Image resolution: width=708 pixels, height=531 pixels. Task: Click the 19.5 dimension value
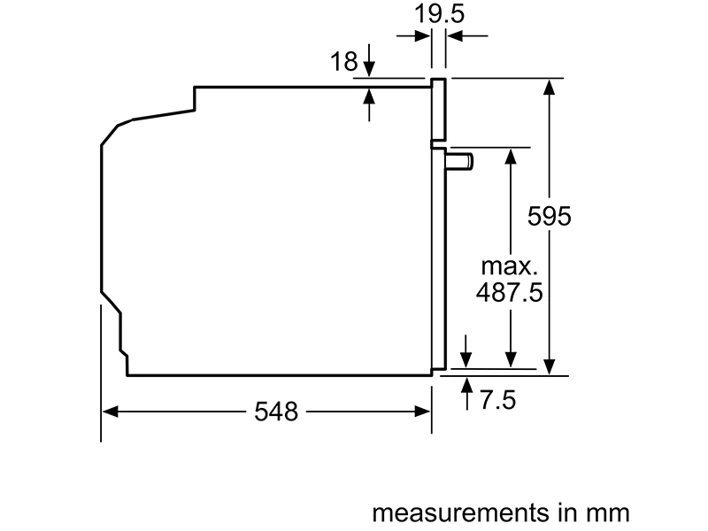(x=439, y=13)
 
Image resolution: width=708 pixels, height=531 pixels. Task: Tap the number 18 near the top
(x=344, y=61)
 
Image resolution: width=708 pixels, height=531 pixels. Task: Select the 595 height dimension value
(x=549, y=216)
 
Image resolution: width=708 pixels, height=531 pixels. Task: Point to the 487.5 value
(x=510, y=292)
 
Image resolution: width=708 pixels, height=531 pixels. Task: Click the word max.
(x=510, y=266)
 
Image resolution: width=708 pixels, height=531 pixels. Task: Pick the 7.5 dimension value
(x=497, y=400)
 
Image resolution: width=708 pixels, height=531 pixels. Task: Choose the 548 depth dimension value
(x=276, y=412)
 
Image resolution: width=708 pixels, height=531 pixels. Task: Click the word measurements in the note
(x=460, y=513)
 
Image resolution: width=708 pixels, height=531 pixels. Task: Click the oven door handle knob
(x=459, y=162)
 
